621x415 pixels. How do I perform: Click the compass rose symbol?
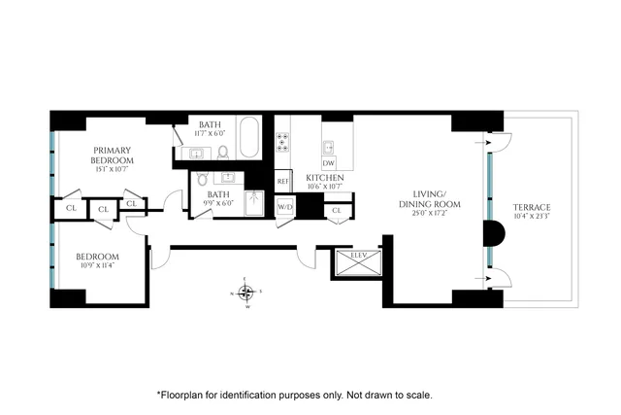coord(247,293)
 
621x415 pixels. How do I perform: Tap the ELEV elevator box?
coord(346,263)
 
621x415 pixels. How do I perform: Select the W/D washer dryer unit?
coord(285,208)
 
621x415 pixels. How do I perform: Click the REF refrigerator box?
coord(283,181)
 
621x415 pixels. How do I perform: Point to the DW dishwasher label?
coord(330,164)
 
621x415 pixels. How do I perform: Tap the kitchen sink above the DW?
coord(330,148)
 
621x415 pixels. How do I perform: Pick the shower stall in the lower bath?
coord(255,202)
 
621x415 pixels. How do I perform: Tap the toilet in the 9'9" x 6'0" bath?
coord(202,179)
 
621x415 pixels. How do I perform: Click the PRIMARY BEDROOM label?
coord(112,154)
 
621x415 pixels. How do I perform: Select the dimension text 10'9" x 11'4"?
coord(98,268)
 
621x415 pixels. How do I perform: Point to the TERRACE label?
coord(532,208)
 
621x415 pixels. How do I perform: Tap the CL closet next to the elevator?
coord(338,210)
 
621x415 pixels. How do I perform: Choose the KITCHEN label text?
coord(326,179)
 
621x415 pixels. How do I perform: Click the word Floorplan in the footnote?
coord(183,396)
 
